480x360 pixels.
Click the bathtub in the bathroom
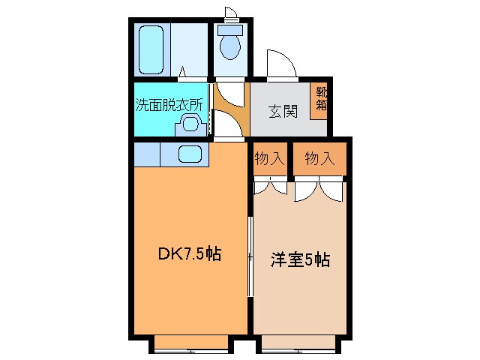tap(153, 49)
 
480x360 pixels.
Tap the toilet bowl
tap(229, 46)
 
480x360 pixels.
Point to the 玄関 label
tap(283, 112)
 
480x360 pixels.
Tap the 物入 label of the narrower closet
tap(269, 158)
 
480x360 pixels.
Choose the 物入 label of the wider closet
tap(319, 158)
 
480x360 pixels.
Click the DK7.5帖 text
tap(188, 255)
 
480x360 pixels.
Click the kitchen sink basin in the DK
tap(190, 154)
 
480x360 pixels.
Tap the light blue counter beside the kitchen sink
tap(148, 154)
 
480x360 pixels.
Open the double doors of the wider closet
tap(319, 190)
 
